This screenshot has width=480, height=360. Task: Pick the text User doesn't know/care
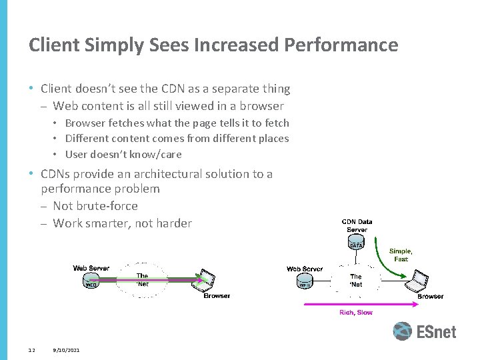click(x=123, y=155)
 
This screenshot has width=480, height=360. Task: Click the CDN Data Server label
click(x=357, y=225)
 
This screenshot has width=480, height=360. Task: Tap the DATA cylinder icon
click(x=356, y=245)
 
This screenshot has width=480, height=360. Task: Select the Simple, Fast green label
click(x=401, y=255)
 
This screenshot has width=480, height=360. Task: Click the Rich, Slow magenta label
click(x=356, y=312)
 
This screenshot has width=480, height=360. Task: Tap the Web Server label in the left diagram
click(x=91, y=268)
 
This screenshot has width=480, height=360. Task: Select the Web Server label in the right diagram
click(x=305, y=269)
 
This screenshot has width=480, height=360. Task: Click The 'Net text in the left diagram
click(x=142, y=279)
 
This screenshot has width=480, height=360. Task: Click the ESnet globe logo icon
click(x=402, y=331)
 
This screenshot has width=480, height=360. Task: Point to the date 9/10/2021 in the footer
click(x=66, y=350)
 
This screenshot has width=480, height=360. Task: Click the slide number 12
click(x=31, y=350)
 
